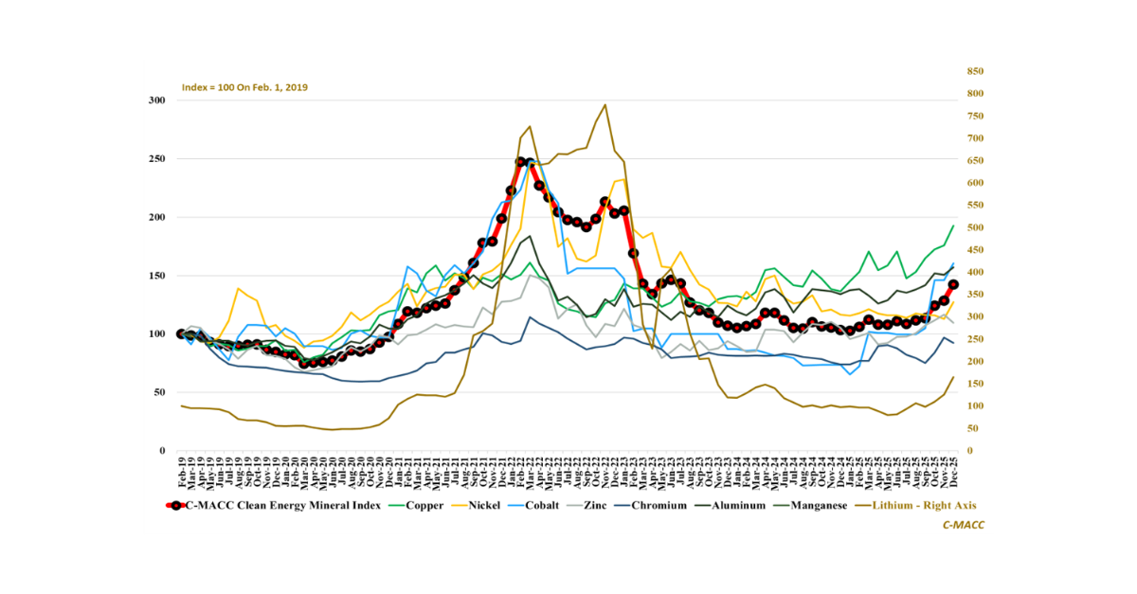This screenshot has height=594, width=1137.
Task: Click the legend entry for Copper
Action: point(427,505)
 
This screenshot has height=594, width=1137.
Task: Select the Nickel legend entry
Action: point(499,505)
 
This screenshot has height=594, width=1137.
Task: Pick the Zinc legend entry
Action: point(630,505)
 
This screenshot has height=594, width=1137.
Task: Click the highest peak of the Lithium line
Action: point(605,105)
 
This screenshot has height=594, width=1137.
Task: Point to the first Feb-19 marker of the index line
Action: point(181,333)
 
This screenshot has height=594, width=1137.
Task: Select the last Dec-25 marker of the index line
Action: point(953,284)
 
